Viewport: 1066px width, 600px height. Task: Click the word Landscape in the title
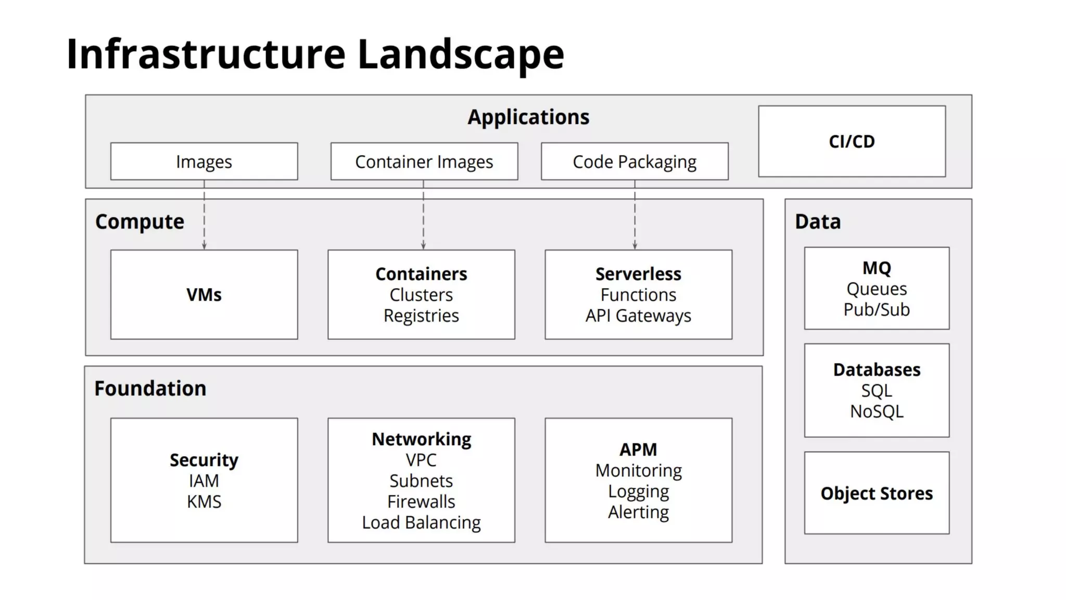[461, 54]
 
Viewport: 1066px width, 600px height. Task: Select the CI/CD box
[852, 142]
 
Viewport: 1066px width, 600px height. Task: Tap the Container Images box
[424, 162]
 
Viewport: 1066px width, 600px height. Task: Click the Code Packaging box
[634, 162]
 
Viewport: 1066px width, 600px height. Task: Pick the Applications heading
[528, 117]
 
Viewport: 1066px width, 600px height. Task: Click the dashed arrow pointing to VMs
[204, 219]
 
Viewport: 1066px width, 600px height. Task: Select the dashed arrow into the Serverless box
[634, 219]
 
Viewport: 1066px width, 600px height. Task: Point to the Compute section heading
[139, 222]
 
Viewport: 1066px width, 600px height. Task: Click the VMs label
[204, 295]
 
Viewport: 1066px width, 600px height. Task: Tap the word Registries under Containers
[421, 316]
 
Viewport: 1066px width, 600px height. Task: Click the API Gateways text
[638, 316]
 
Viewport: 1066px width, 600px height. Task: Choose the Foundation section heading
[150, 389]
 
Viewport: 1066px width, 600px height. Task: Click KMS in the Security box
[204, 502]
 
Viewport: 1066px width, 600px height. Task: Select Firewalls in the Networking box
[421, 502]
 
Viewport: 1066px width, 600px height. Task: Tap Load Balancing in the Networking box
[421, 522]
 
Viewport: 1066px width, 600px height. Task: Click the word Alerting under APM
[638, 512]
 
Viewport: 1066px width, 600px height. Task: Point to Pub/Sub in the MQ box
[877, 309]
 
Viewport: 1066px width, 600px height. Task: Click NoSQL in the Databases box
[877, 411]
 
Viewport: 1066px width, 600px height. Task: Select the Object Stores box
[877, 493]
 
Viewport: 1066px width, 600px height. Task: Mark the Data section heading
[818, 222]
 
